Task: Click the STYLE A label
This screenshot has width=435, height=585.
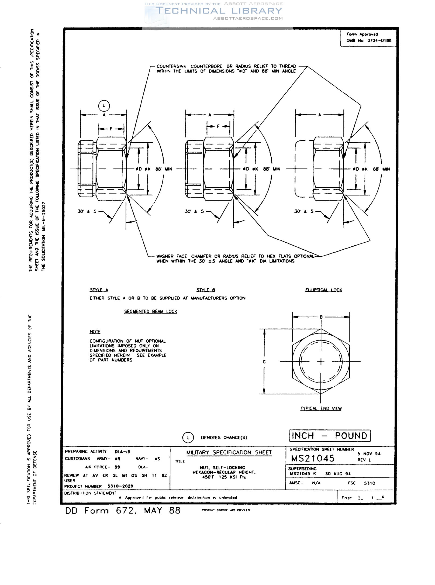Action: click(x=99, y=290)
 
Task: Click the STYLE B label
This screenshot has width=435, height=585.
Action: click(x=206, y=290)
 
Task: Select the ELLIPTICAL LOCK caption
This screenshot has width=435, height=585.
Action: click(x=323, y=290)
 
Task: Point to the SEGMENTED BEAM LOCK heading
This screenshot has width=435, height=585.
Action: click(x=150, y=311)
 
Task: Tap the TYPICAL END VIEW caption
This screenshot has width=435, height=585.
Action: click(x=321, y=408)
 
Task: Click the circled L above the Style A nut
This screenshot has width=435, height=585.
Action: click(x=104, y=106)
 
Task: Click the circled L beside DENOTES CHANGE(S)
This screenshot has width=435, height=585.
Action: click(x=188, y=438)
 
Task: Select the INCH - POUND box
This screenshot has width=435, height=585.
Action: click(x=330, y=436)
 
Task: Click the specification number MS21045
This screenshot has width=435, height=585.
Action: click(x=313, y=458)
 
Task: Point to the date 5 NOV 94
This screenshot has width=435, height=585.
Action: click(x=369, y=454)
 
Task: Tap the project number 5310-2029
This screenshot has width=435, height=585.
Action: click(x=120, y=486)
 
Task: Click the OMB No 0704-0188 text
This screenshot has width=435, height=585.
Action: click(x=369, y=40)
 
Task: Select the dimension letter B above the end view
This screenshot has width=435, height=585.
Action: click(x=321, y=317)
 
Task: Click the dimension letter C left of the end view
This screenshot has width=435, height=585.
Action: click(x=264, y=362)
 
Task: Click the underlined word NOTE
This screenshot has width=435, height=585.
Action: click(x=95, y=332)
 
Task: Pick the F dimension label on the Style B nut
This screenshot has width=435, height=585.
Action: click(x=218, y=126)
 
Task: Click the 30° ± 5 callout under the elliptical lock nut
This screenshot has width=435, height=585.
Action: click(x=304, y=211)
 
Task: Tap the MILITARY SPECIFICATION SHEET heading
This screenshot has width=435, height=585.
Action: click(x=229, y=452)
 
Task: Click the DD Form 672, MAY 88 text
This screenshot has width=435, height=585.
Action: click(x=123, y=511)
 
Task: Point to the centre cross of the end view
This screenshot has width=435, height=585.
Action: click(x=321, y=362)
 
